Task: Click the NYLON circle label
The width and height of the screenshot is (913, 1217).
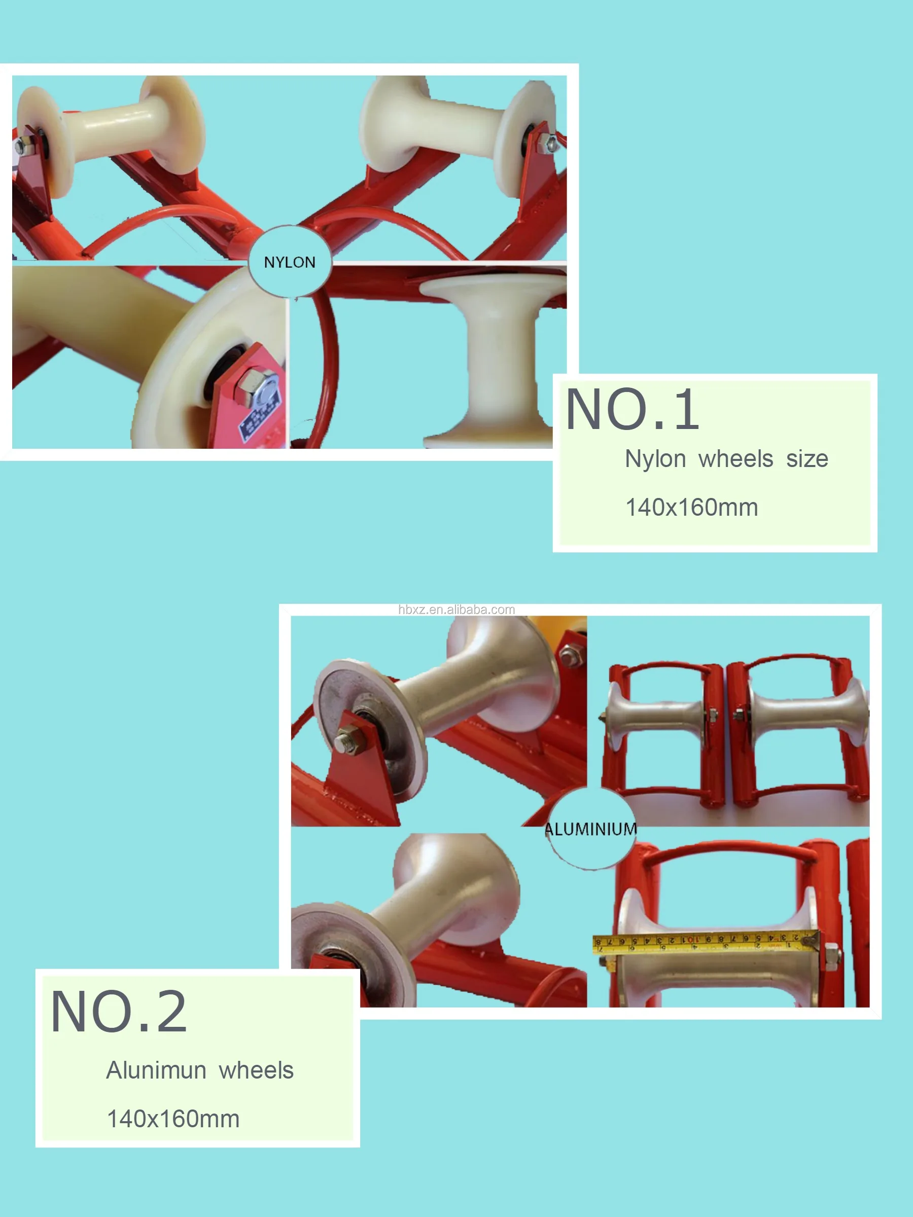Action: (x=290, y=262)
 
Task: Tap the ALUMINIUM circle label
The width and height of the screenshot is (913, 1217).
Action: (x=590, y=829)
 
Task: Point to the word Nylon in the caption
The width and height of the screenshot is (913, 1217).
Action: (x=655, y=459)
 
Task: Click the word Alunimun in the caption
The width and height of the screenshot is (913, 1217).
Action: (x=156, y=1070)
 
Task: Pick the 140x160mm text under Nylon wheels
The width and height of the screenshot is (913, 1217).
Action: (x=692, y=507)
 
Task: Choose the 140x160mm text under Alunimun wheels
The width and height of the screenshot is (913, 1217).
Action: (x=173, y=1119)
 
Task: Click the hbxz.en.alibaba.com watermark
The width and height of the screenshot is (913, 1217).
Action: (x=456, y=610)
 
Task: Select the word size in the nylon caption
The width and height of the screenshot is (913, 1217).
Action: (x=807, y=459)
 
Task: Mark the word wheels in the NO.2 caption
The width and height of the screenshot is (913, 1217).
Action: (x=256, y=1070)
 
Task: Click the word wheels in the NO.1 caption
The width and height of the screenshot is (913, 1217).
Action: (x=736, y=459)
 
